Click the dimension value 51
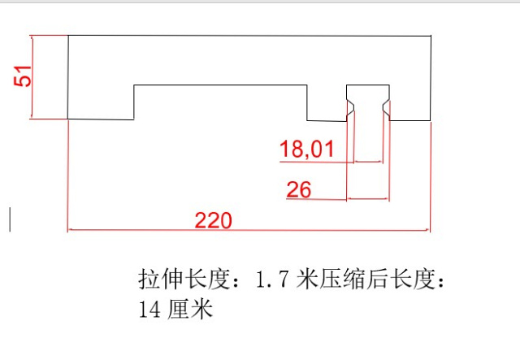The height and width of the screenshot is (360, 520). pos(23,76)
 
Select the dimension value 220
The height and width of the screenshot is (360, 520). pos(213,220)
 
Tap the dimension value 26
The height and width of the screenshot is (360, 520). pos(299,189)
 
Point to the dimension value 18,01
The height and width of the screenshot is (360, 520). pos(306,149)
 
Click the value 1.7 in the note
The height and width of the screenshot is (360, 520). pos(272,279)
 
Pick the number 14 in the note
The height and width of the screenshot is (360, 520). pos(149,310)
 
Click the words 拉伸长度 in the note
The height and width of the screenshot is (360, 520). pos(184,279)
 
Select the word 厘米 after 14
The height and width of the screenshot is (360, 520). pos(189,310)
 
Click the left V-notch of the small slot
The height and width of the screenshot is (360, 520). pos(350,107)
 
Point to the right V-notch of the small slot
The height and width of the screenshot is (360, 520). pos(386,107)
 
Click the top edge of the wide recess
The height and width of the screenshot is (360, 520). pos(220,85)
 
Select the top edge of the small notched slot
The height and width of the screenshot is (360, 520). pos(368,85)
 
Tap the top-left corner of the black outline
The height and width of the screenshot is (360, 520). pos(68,35)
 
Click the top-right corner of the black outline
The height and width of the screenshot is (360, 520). pos(431,36)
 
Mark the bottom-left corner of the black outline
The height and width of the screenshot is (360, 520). pos(68,119)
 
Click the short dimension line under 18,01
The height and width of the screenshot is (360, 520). pos(368,162)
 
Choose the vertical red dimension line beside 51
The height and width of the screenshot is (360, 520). pos(32,77)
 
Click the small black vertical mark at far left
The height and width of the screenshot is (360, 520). pos(10,219)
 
